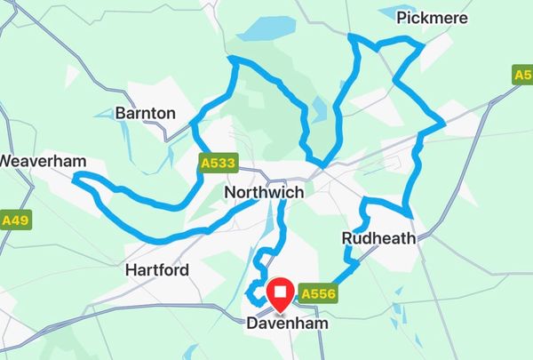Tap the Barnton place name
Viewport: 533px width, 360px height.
(x=146, y=114)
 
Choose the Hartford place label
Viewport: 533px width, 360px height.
(x=157, y=269)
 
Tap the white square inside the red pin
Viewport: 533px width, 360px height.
(x=282, y=292)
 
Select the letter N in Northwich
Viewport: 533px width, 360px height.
(x=230, y=192)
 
